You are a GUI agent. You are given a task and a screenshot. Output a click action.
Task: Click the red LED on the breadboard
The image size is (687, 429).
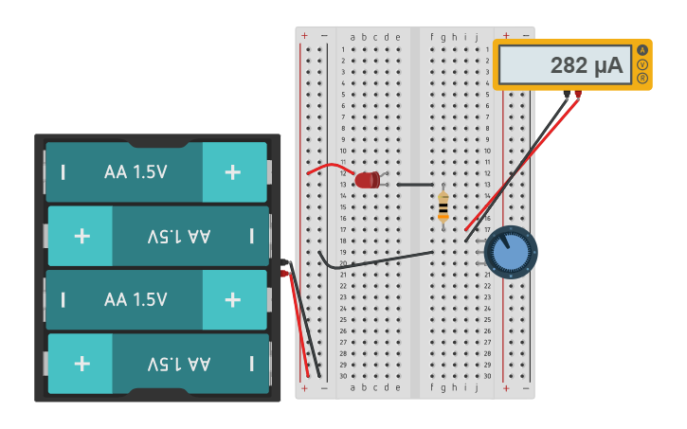[367, 179]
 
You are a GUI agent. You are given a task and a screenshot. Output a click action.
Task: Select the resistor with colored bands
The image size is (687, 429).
[443, 206]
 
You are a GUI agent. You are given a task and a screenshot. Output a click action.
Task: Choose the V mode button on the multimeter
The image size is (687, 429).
[643, 64]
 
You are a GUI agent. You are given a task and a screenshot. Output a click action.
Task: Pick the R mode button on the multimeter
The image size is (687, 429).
[643, 79]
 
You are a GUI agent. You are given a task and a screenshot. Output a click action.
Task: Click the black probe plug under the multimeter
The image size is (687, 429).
[566, 95]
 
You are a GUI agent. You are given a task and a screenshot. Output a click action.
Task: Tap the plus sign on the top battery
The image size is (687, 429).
[233, 172]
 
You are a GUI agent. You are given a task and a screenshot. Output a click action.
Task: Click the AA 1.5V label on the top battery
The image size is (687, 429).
[136, 172]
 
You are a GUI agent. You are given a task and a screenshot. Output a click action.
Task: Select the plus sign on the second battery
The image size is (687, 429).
[82, 236]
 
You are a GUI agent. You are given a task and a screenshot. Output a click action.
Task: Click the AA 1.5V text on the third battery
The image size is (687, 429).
[136, 299]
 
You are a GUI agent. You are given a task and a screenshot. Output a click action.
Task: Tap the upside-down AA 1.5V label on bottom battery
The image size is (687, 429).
[179, 364]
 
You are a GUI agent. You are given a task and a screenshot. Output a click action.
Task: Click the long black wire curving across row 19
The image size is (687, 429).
[379, 259]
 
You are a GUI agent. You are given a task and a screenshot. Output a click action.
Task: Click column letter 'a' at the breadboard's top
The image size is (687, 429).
[353, 38]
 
